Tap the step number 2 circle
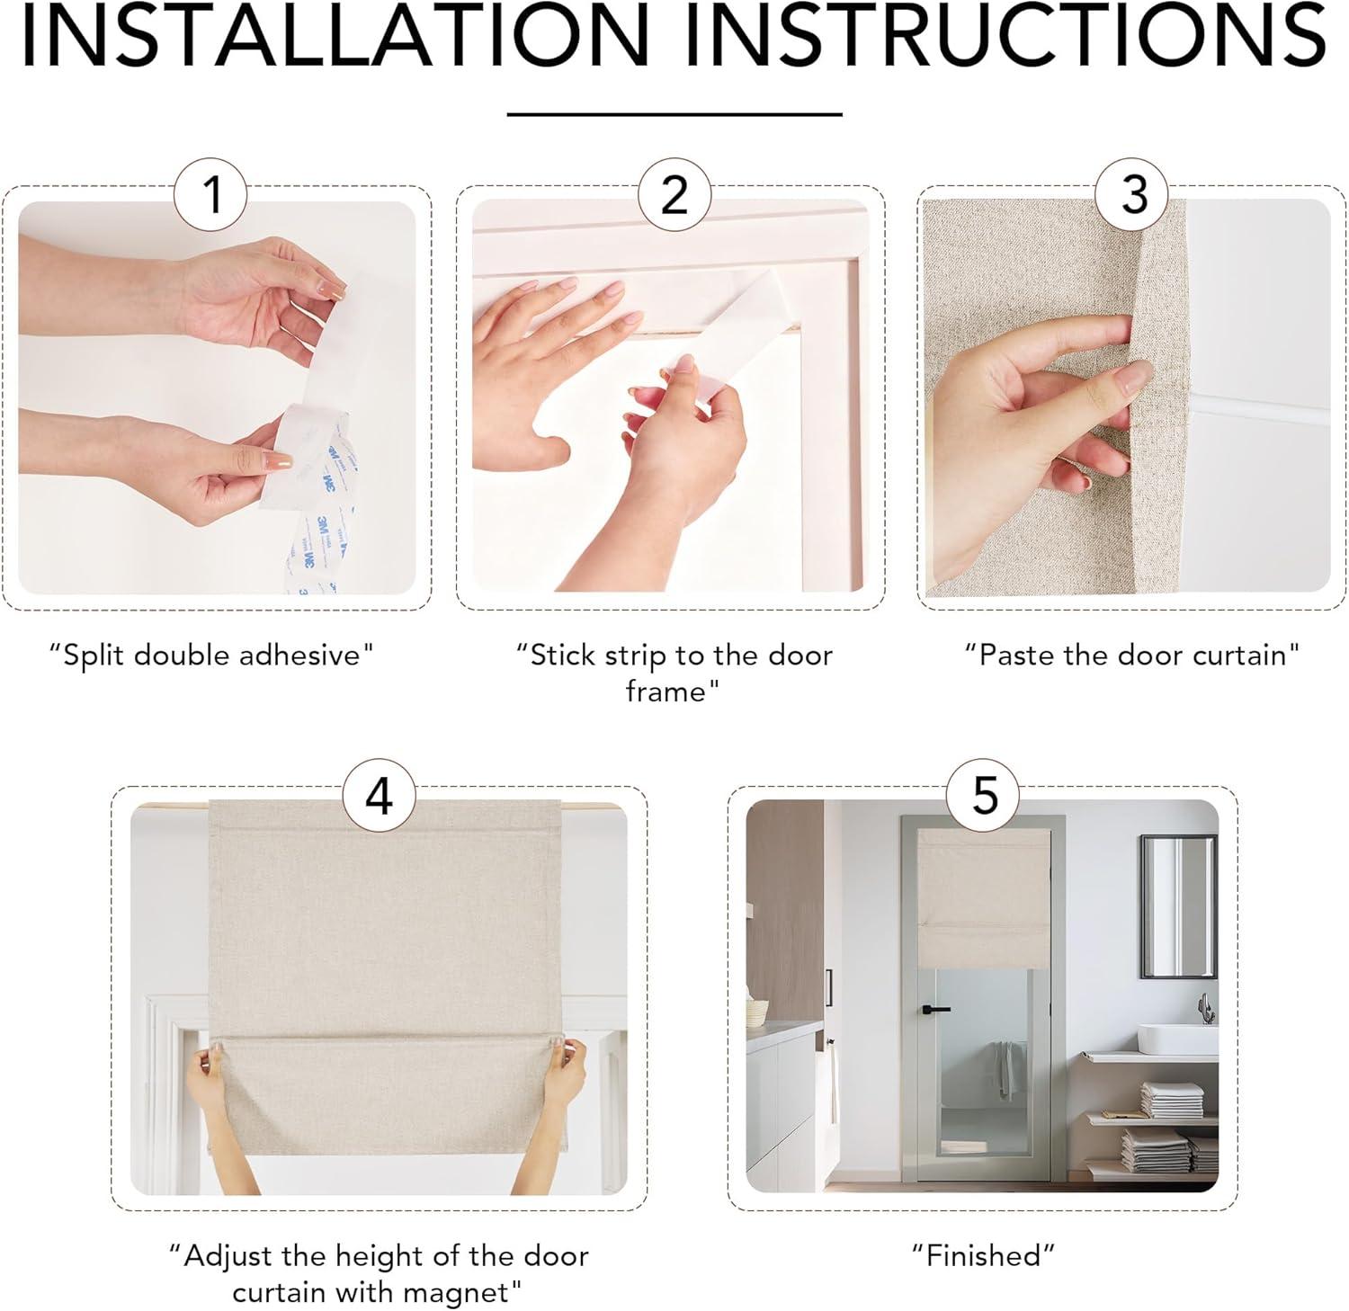pyautogui.click(x=674, y=194)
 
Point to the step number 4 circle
pyautogui.click(x=380, y=795)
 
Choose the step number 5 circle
pyautogui.click(x=985, y=795)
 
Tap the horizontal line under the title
pyautogui.click(x=674, y=114)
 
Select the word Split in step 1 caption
pyautogui.click(x=94, y=655)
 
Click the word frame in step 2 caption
pyautogui.click(x=666, y=691)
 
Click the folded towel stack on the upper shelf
pyautogui.click(x=1172, y=1100)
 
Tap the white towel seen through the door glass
pyautogui.click(x=1005, y=1069)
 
